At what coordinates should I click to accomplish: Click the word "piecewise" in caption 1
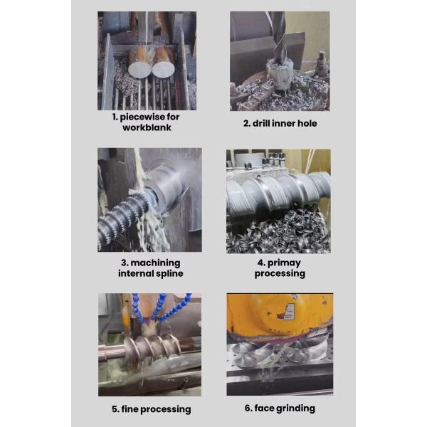[142, 117]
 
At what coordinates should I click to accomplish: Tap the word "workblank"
[147, 127]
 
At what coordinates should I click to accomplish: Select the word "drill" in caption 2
[261, 123]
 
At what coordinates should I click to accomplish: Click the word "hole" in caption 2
[307, 123]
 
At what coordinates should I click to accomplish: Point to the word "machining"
[155, 263]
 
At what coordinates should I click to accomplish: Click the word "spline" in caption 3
[169, 274]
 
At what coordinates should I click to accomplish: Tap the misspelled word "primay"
[284, 263]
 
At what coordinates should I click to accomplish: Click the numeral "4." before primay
[261, 263]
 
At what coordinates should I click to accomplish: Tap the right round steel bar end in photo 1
[164, 69]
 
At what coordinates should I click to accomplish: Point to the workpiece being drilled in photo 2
[280, 75]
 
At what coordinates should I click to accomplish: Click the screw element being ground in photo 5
[152, 347]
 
